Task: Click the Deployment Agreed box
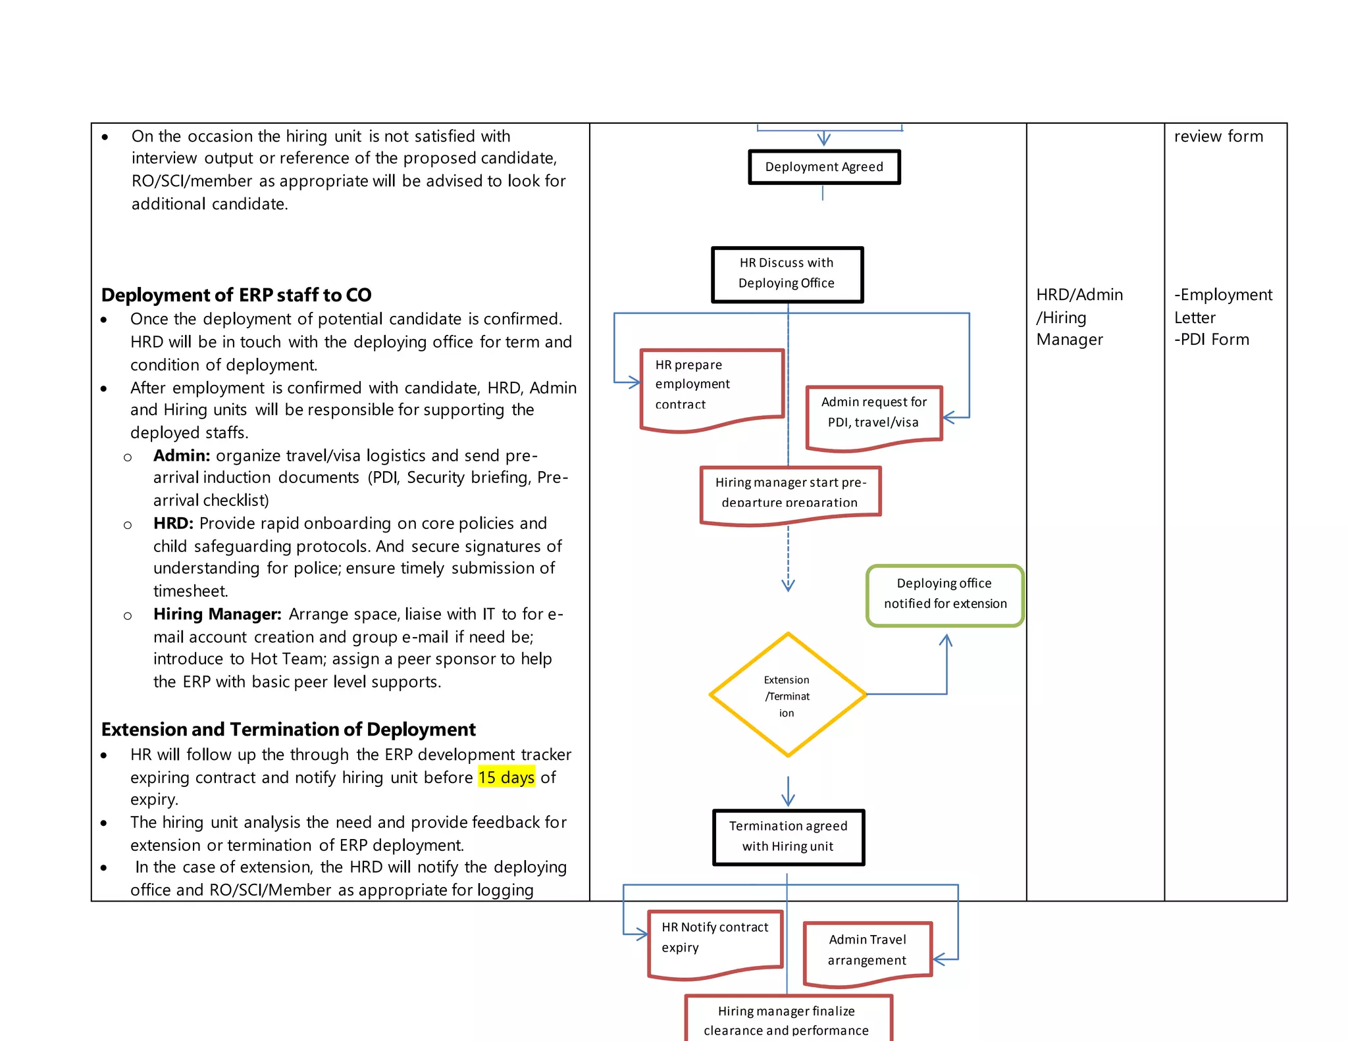point(824,167)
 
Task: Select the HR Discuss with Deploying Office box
point(787,274)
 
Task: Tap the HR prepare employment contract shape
point(712,388)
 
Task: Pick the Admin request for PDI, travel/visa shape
point(874,415)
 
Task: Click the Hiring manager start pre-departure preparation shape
point(790,494)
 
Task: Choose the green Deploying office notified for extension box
point(945,594)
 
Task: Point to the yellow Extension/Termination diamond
point(788,695)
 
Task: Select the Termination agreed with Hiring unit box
point(789,836)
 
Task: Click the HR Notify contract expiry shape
point(715,940)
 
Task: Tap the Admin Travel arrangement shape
point(868,951)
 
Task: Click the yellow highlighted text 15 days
point(506,777)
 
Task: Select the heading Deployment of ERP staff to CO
point(236,295)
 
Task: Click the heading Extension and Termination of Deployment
point(288,729)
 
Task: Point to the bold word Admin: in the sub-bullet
point(182,455)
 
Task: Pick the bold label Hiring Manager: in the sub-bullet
point(217,614)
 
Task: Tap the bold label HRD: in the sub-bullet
point(173,523)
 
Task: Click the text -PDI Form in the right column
point(1211,340)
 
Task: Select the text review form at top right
point(1218,136)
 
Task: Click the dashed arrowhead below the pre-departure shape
point(788,584)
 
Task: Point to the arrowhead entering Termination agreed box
point(788,800)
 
